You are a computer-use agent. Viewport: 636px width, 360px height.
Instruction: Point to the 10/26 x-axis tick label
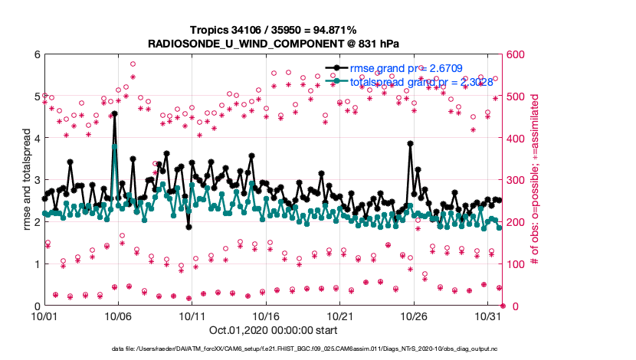(414, 316)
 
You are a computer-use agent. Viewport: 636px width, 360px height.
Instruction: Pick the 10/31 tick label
(488, 316)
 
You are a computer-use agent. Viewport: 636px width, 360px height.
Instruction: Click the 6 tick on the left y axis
(36, 55)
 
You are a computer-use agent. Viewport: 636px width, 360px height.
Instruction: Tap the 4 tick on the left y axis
(36, 139)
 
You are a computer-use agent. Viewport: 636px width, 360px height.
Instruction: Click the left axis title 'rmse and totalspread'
(25, 180)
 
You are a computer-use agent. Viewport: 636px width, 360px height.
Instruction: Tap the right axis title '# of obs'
(536, 180)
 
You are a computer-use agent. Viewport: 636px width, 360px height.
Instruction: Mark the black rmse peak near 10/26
(411, 143)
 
